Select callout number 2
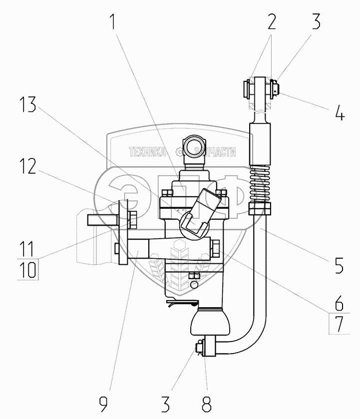tap(271, 22)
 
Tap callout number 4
tap(339, 114)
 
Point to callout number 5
tap(339, 265)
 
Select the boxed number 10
tap(29, 270)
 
